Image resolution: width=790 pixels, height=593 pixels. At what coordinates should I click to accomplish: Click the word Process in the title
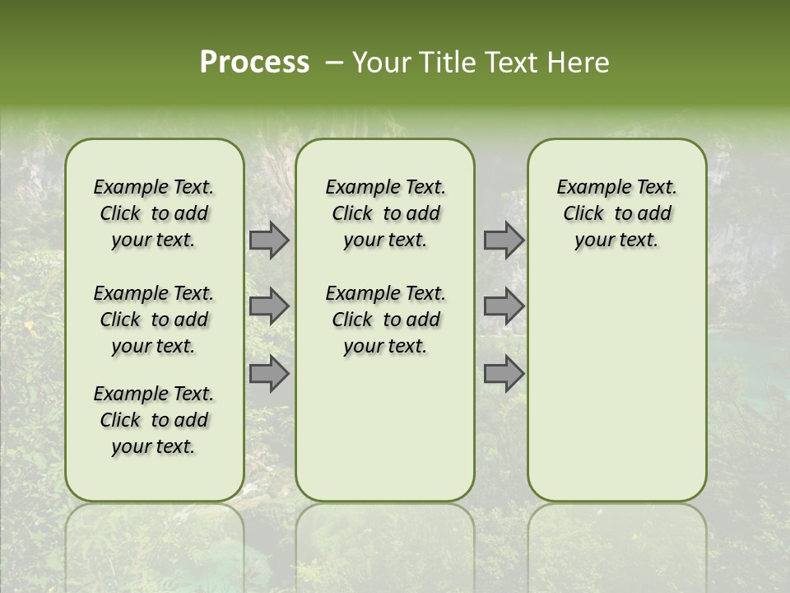[x=254, y=63]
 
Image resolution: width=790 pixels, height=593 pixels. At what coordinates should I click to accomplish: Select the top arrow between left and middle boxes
[x=269, y=240]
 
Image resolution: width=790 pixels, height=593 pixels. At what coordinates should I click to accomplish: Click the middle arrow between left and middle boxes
[x=269, y=306]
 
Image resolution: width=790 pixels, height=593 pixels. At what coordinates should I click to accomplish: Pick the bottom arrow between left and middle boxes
[x=269, y=373]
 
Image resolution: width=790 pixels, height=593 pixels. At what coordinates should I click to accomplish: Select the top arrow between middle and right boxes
[x=504, y=240]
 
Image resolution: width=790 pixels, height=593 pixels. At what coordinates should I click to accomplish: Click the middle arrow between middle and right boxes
[x=504, y=306]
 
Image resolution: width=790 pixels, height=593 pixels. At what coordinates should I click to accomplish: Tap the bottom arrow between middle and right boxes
[x=504, y=373]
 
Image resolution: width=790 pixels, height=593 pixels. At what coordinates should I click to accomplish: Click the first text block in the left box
[x=154, y=213]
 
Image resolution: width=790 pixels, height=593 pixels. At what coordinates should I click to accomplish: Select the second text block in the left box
[x=154, y=320]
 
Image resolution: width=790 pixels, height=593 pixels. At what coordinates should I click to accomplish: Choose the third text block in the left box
[x=154, y=420]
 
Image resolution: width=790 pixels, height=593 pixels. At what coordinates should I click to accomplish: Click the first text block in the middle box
[x=385, y=213]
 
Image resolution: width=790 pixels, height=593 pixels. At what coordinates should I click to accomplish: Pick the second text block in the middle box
[x=385, y=320]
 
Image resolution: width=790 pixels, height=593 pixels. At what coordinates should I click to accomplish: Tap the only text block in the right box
[x=616, y=213]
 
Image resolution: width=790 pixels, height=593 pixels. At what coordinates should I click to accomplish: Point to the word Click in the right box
[x=583, y=213]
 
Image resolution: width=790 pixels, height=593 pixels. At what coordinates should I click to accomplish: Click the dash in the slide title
[x=334, y=63]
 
